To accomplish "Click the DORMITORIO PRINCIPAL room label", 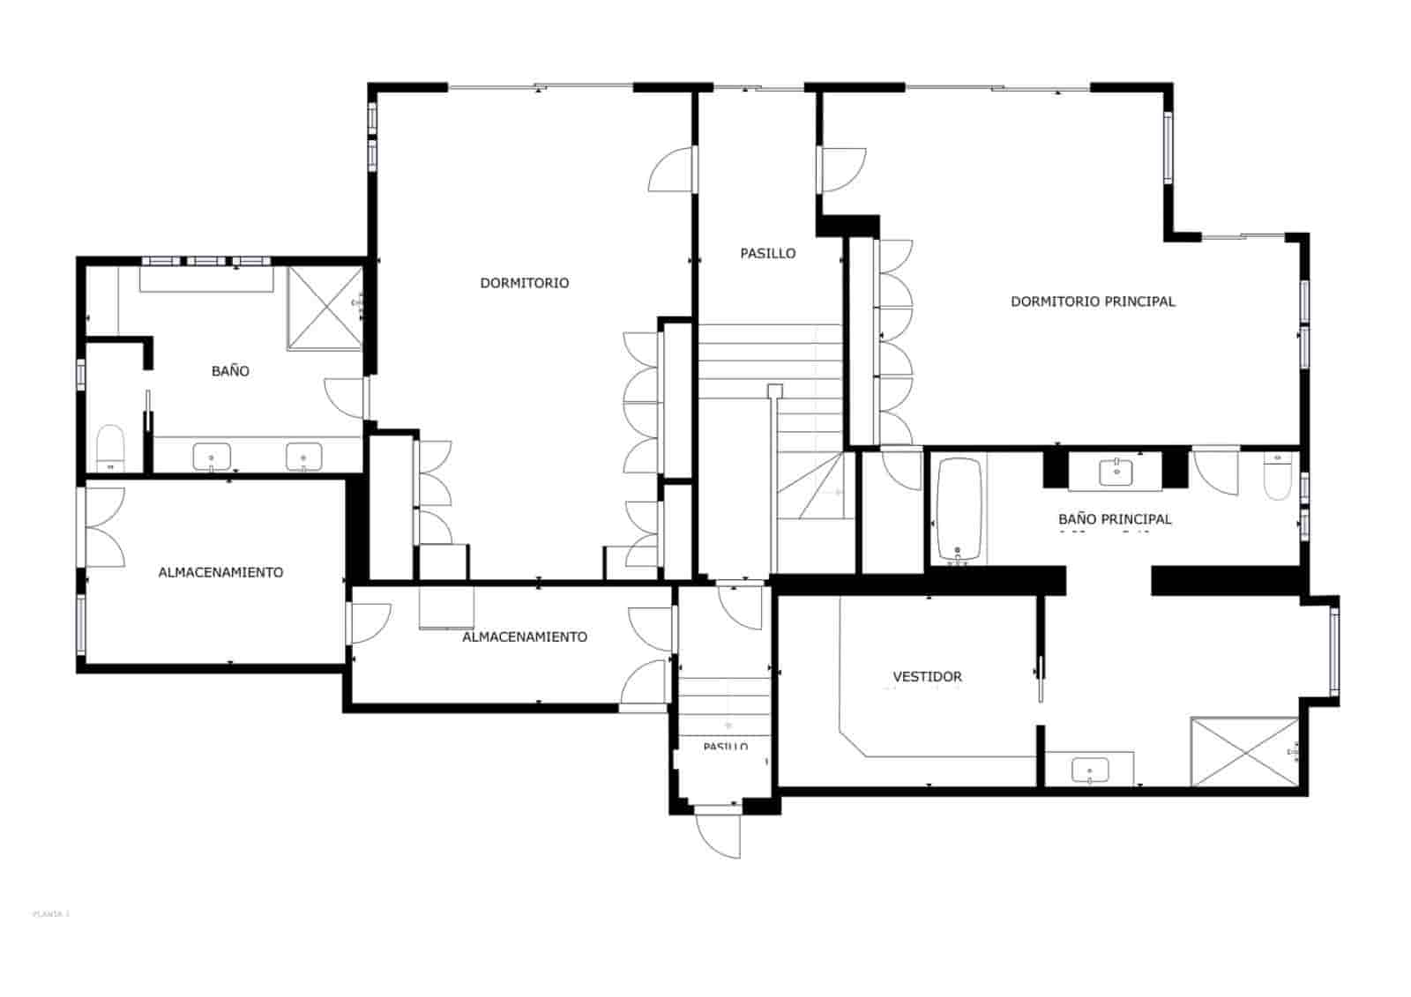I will click(1092, 301).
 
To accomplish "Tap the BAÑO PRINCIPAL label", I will click(1115, 519).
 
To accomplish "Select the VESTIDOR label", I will click(927, 677).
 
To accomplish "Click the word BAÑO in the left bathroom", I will click(230, 371).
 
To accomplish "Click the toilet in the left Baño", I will click(110, 448).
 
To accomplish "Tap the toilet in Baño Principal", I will click(1278, 477).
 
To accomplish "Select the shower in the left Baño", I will click(325, 309).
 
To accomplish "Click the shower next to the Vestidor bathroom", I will click(1244, 751).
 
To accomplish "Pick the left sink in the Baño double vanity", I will click(212, 457).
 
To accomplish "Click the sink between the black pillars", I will click(1117, 472).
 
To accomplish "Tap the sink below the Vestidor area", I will click(1090, 770).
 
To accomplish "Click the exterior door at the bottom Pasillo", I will click(719, 833).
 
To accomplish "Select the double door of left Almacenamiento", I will click(104, 527).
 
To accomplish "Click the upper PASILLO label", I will click(767, 254).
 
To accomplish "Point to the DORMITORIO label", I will click(524, 283).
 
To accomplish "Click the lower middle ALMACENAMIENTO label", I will click(524, 636).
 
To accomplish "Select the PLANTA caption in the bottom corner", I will click(50, 914).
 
